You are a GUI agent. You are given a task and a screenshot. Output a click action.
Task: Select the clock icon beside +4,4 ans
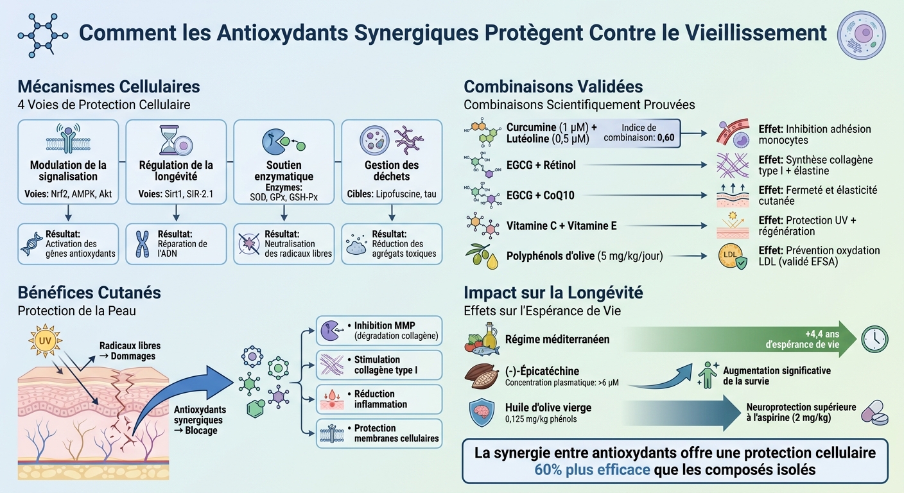point(875,339)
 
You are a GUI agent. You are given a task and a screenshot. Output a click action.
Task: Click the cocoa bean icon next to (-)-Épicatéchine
point(483,377)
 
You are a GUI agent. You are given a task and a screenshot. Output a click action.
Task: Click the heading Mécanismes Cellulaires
point(109,87)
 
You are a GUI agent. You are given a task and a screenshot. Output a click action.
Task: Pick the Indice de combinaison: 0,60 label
point(638,133)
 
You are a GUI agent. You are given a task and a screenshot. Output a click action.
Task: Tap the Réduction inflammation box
point(379,399)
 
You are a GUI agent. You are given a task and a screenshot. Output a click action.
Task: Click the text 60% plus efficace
point(591,469)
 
